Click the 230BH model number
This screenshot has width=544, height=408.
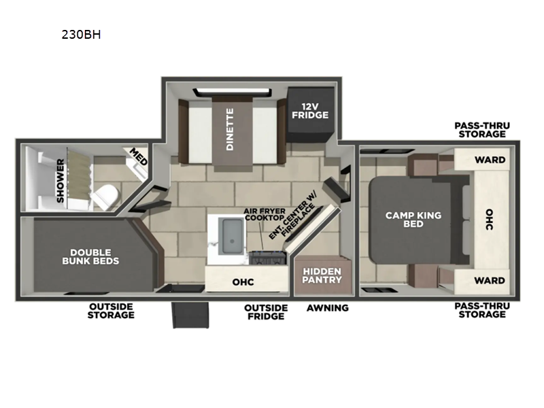pos(81,35)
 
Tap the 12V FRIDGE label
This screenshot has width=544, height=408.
pos(310,111)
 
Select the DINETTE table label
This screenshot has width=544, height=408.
pos(230,129)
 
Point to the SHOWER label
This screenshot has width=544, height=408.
pos(61,180)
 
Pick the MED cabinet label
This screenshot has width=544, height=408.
pos(139,156)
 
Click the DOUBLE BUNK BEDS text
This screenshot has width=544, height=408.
pos(90,257)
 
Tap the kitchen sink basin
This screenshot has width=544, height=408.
pos(232,236)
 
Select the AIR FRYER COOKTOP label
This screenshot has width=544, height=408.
pos(265,215)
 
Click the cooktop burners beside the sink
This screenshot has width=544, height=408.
pos(268,258)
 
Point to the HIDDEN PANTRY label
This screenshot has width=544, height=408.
pos(322,275)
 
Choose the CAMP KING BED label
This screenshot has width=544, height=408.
pos(413,219)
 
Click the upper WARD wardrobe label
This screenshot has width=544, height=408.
pos(490,160)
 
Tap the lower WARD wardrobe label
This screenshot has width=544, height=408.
pos(490,280)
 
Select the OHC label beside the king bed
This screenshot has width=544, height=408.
pos(489,219)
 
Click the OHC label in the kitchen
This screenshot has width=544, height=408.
pos(243,282)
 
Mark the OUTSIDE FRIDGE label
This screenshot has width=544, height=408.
pos(266,312)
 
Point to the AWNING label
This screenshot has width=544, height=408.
pos(328,308)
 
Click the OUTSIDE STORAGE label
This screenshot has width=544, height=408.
pos(111,311)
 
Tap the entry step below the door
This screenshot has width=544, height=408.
pos(191,315)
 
